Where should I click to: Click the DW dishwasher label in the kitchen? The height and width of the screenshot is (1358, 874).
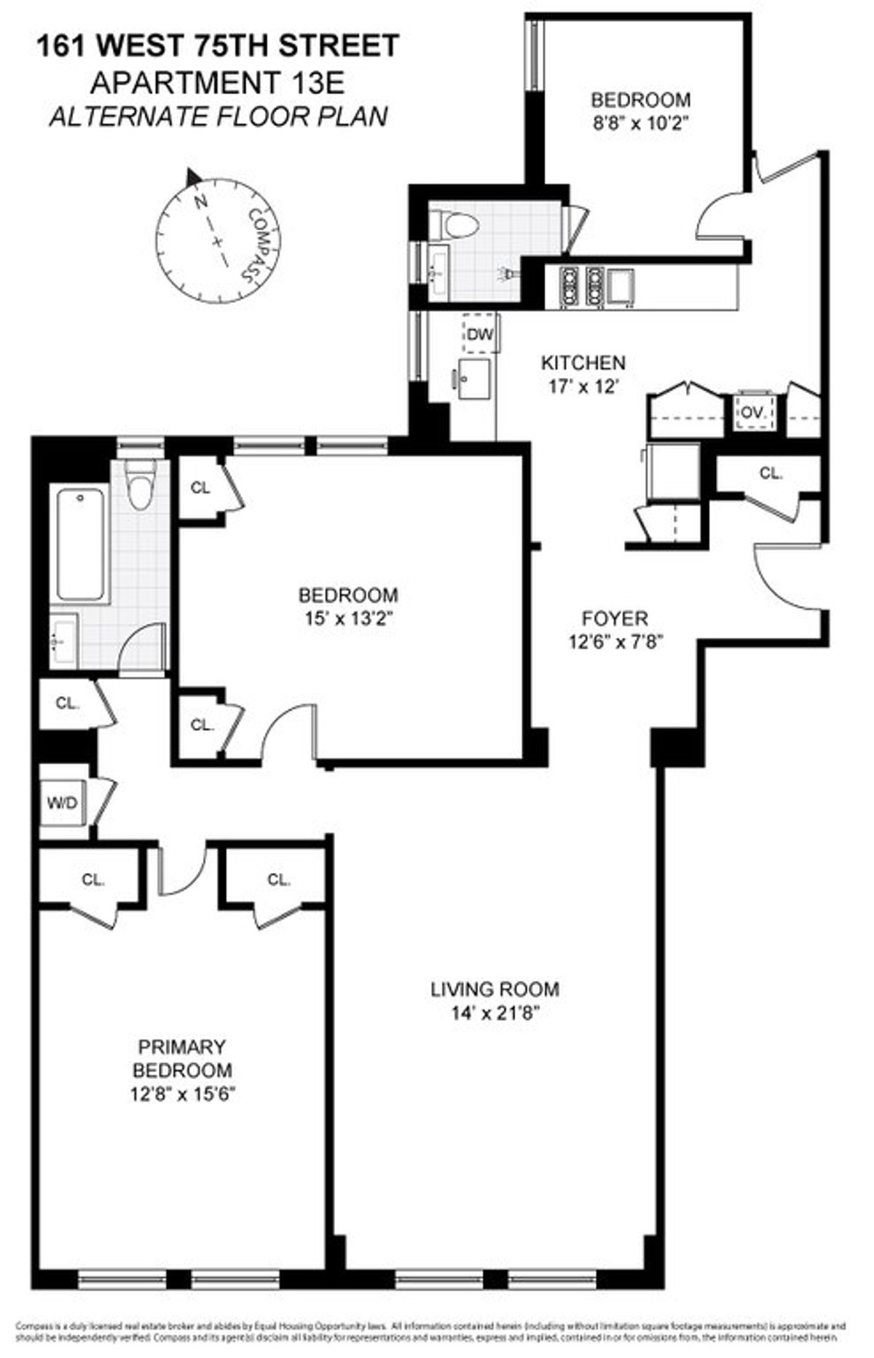click(x=479, y=335)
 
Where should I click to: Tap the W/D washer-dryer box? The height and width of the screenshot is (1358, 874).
click(x=63, y=803)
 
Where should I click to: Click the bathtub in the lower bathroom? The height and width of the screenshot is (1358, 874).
click(x=79, y=544)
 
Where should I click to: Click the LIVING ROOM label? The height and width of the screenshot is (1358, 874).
click(x=495, y=989)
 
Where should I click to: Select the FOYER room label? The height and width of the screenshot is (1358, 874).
click(x=615, y=619)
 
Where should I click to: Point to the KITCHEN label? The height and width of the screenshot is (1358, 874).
click(x=583, y=363)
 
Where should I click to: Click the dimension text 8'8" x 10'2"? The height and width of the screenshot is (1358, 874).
click(x=640, y=123)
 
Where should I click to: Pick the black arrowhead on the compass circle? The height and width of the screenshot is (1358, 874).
click(x=192, y=177)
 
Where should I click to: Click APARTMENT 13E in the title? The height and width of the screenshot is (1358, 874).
click(x=216, y=83)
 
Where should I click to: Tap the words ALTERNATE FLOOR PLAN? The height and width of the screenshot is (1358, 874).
click(x=218, y=117)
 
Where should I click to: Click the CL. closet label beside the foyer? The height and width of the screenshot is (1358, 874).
click(x=771, y=473)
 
